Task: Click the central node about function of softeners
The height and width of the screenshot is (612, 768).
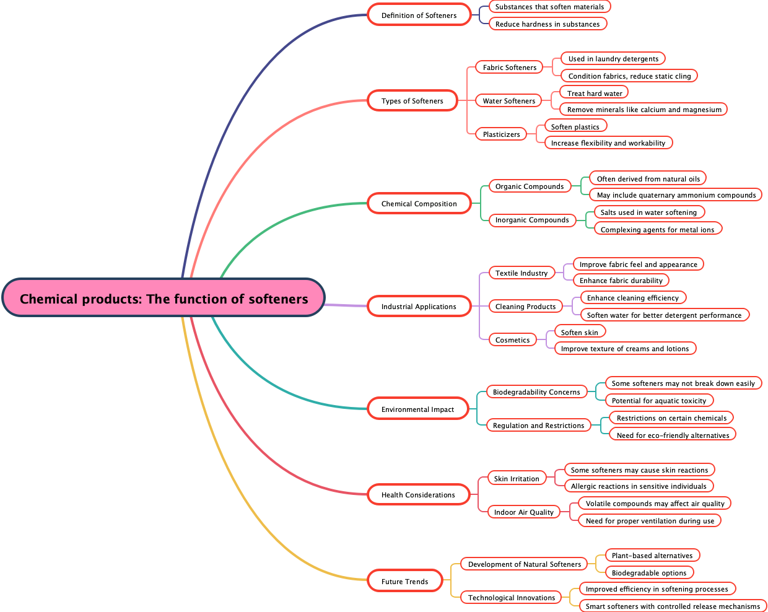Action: point(164,298)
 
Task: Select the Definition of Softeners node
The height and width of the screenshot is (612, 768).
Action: point(419,15)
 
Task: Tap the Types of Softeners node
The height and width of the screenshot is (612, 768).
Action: point(412,100)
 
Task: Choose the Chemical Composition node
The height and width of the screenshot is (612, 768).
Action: point(419,203)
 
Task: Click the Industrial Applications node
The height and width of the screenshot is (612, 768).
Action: point(419,306)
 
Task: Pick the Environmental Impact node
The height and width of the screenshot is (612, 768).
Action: point(417,409)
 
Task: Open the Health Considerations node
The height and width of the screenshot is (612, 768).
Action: point(418,494)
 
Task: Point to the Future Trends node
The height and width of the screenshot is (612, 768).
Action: point(404,581)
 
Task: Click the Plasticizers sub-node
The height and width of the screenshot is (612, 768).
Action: point(501,134)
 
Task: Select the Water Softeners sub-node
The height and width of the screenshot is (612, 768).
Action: point(508,100)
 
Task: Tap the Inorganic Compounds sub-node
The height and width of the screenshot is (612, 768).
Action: point(531,219)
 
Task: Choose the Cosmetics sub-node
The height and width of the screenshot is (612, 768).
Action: point(512,339)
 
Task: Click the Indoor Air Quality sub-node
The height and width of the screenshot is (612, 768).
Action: point(523,512)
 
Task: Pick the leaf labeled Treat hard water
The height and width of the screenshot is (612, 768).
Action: point(594,93)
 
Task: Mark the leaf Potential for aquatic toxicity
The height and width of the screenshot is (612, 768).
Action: point(658,400)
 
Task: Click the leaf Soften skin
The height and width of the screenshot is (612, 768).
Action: point(579,332)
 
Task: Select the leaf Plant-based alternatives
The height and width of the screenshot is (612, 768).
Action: point(652,555)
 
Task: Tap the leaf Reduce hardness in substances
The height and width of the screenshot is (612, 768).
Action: point(547,24)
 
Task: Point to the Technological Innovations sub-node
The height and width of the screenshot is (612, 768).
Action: point(511,597)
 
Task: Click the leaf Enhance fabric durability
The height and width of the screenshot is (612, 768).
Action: point(621,280)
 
